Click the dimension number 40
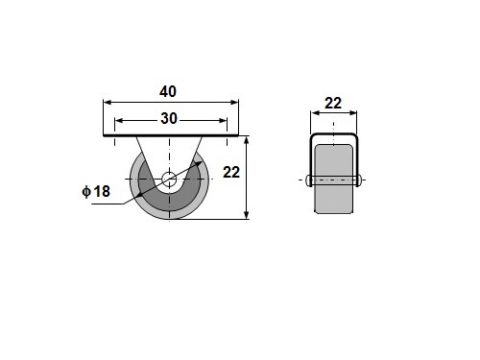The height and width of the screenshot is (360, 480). click(x=168, y=92)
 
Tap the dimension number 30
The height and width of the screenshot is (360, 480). click(x=169, y=119)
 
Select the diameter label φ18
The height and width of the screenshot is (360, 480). click(x=96, y=191)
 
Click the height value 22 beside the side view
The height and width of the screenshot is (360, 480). click(x=231, y=173)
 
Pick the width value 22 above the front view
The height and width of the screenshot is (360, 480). click(x=333, y=104)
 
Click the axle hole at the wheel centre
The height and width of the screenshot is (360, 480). click(x=169, y=180)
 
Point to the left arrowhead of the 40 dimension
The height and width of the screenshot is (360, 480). click(x=108, y=103)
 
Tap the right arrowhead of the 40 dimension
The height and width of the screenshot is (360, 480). click(x=234, y=103)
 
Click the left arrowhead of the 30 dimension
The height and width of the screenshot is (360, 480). click(x=119, y=121)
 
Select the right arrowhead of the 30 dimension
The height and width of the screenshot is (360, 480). click(x=223, y=121)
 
